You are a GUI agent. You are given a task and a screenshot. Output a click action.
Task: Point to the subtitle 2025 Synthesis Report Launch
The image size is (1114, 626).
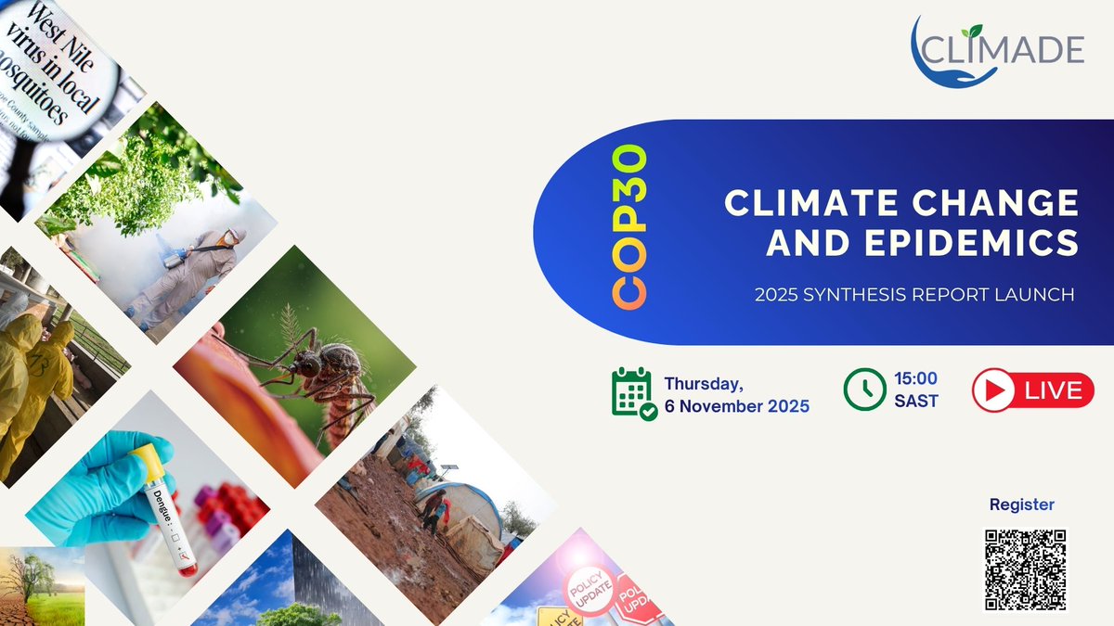913,294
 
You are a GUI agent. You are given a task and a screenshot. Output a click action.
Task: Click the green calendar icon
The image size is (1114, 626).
634,393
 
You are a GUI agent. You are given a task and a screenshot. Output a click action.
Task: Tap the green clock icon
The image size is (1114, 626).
864,390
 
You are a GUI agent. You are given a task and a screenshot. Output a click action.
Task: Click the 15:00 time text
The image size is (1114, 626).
915,378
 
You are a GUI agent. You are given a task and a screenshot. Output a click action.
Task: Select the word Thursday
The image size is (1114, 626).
711,384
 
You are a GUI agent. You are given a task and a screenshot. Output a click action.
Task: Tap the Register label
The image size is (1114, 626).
1021,505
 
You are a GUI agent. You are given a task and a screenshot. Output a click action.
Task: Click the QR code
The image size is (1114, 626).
1025,569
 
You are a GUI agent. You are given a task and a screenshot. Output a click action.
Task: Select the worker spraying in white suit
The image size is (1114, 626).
186,269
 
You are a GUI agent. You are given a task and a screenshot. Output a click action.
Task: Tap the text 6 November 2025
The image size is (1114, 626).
736,406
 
